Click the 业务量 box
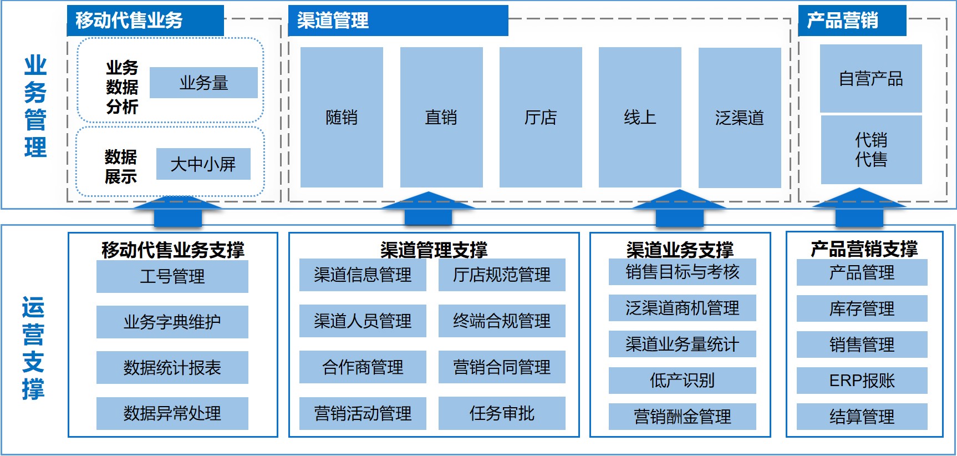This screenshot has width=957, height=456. [x=203, y=83]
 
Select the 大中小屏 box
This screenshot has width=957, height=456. [x=203, y=164]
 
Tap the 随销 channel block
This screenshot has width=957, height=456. [x=342, y=117]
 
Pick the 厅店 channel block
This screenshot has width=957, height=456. [x=541, y=117]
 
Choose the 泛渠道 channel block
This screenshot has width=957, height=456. [x=740, y=118]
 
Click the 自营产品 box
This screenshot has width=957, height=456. [x=871, y=78]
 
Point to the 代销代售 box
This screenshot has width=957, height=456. [x=871, y=150]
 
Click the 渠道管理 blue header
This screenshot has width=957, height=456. [x=398, y=21]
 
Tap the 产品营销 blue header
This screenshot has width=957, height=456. [x=852, y=21]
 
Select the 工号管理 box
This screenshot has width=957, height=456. [x=172, y=276]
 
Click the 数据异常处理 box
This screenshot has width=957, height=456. [x=172, y=413]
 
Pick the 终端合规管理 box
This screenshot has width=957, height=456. [x=502, y=321]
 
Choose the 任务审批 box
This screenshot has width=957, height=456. [x=502, y=413]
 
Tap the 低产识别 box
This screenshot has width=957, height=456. [x=682, y=381]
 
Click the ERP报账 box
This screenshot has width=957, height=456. [x=862, y=381]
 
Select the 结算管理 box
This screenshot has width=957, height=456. [x=862, y=417]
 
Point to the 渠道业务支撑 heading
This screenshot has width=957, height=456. [x=680, y=250]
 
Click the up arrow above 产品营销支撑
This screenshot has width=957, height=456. [x=859, y=207]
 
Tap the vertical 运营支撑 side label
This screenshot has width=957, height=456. [x=33, y=348]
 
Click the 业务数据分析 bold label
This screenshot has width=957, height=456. [x=122, y=87]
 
